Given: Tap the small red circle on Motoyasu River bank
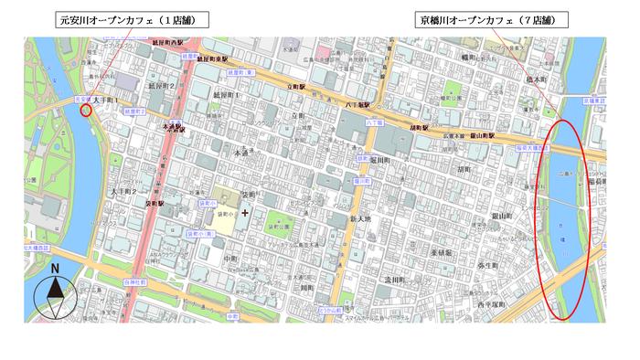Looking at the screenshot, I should (87, 111).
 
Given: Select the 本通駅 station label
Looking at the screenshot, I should (174, 129).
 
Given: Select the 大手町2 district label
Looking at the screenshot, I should (123, 192).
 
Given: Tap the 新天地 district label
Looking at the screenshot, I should (363, 219).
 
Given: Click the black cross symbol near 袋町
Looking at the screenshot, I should (244, 212).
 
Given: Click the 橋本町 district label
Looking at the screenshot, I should (531, 80).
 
